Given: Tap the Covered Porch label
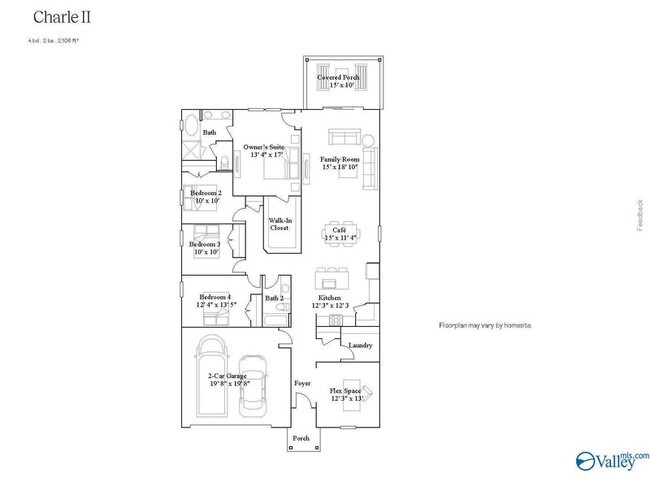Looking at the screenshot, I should (x=339, y=80).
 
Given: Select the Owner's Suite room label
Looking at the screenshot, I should (x=264, y=151).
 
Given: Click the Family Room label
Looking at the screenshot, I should (x=340, y=163).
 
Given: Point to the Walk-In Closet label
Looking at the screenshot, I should (x=279, y=224).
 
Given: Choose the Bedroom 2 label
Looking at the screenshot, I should (x=207, y=197).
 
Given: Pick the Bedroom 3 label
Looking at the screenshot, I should (x=205, y=248).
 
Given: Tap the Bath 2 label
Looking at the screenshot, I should (x=274, y=298).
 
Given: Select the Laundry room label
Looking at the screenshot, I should (x=360, y=346).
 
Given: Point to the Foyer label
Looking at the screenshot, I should (x=301, y=383).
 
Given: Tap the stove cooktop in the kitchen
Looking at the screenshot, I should (x=335, y=320).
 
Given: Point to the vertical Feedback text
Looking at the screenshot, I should (x=641, y=215).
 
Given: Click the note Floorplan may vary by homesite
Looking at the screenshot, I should (x=485, y=326).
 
